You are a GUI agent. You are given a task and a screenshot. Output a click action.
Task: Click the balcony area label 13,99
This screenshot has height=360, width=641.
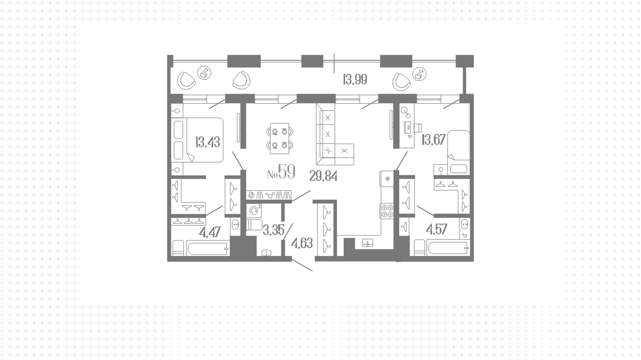pos(355,80)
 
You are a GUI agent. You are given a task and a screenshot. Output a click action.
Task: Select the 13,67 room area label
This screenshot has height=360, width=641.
pos(433,140)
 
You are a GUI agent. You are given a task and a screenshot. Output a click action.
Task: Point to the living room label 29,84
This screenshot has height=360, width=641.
pos(323,176)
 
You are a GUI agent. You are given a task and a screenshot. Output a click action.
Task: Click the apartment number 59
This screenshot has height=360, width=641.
pos(287,172)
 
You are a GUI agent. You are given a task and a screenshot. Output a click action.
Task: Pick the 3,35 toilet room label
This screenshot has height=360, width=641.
pos(273,230)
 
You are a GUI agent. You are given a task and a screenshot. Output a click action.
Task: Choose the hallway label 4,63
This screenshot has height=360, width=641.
pos(302,243)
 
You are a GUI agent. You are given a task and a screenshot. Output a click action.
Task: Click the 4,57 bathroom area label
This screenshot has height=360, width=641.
pos(437,229)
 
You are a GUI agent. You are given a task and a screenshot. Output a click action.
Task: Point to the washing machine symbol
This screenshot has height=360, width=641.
pos(254,210)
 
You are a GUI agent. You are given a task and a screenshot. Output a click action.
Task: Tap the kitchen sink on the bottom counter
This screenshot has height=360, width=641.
pos(368,243)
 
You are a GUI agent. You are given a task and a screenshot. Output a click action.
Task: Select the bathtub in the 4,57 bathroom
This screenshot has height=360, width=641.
pos(448,249)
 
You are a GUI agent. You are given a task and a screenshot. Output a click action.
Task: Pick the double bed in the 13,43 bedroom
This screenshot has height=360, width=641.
pos(197,140)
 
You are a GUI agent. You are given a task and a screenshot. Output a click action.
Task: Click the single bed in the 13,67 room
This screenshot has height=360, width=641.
pos(458,152)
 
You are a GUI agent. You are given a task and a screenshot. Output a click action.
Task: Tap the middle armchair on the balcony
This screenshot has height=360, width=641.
pos(241,80)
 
